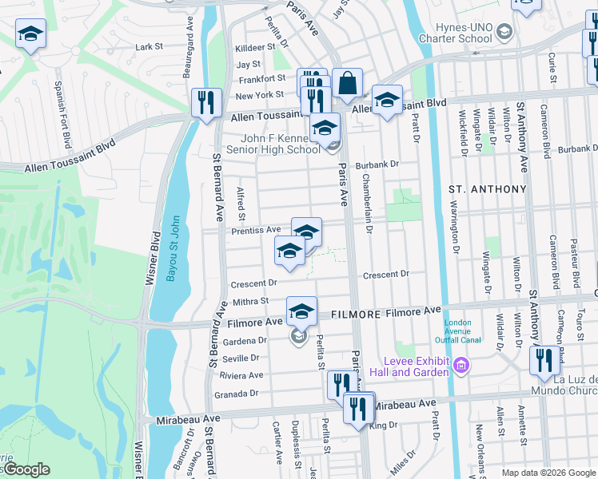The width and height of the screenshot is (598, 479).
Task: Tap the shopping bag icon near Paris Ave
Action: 349,82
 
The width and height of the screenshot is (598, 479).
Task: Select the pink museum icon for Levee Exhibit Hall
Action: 461,366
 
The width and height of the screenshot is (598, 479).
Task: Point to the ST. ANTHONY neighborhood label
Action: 487,189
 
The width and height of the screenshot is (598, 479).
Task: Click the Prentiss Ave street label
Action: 257,230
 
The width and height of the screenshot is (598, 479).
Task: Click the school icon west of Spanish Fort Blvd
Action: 30,34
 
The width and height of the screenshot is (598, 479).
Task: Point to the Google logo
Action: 26,469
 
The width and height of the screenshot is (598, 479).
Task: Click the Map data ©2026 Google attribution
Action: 548,473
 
